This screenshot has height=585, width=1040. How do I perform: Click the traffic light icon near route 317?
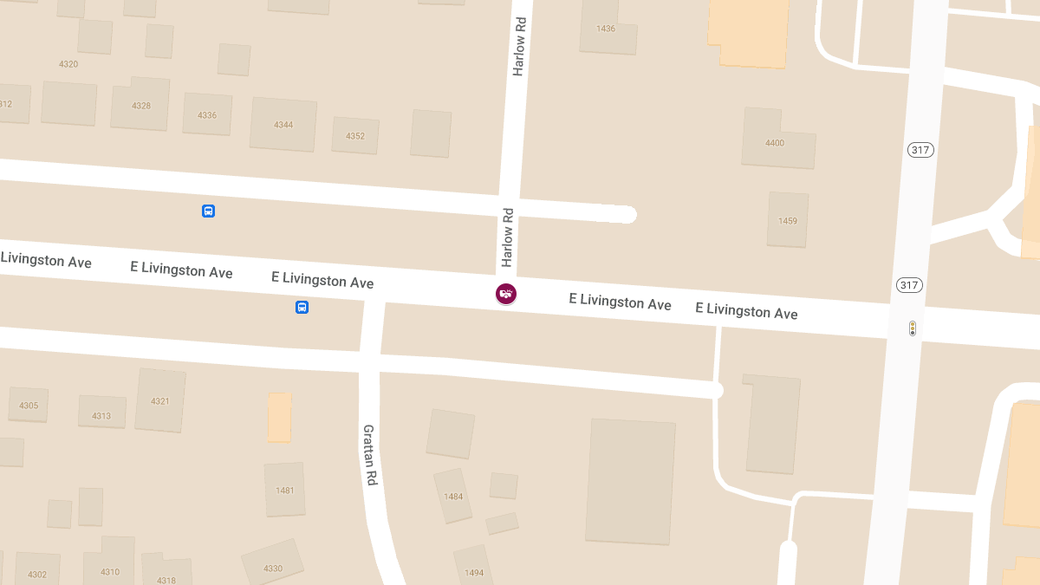(912, 328)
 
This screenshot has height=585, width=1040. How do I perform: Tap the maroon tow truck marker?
(506, 294)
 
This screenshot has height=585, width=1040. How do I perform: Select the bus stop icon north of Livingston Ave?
(208, 211)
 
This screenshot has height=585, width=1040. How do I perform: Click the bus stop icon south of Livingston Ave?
(302, 307)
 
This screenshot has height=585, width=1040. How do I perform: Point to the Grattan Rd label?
(370, 454)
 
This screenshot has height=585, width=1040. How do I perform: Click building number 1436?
(606, 29)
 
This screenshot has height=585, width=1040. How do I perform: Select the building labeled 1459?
(788, 221)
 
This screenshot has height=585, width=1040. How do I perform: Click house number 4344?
(283, 125)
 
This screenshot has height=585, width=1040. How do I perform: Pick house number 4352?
(355, 136)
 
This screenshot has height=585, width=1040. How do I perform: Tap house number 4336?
(207, 115)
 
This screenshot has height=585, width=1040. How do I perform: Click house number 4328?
(141, 106)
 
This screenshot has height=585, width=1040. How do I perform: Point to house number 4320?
(68, 64)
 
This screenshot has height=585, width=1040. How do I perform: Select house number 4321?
(160, 401)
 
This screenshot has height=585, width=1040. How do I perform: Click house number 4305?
(29, 406)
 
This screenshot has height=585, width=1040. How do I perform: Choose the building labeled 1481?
(285, 491)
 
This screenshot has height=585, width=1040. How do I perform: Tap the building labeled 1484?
(453, 497)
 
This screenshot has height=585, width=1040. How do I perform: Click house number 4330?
(273, 569)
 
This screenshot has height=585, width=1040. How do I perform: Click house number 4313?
(101, 416)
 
